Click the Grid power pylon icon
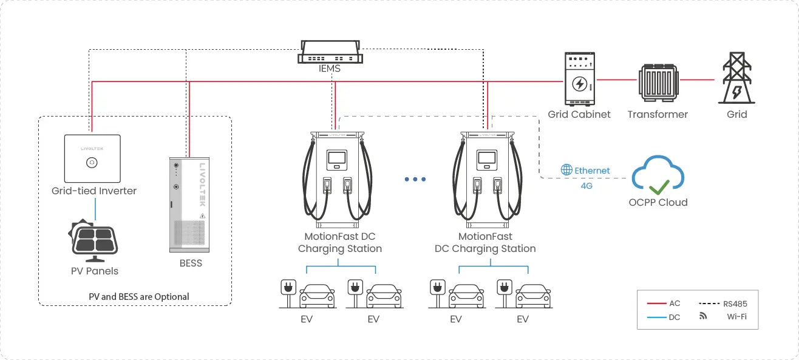coord(736,80)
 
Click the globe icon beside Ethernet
coord(566,171)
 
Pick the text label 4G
coord(586,186)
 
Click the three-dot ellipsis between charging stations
coord(415,179)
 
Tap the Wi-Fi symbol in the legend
coord(703,316)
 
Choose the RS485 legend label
coord(736,303)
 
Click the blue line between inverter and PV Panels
coord(94,210)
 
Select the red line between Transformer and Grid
coord(698,80)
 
